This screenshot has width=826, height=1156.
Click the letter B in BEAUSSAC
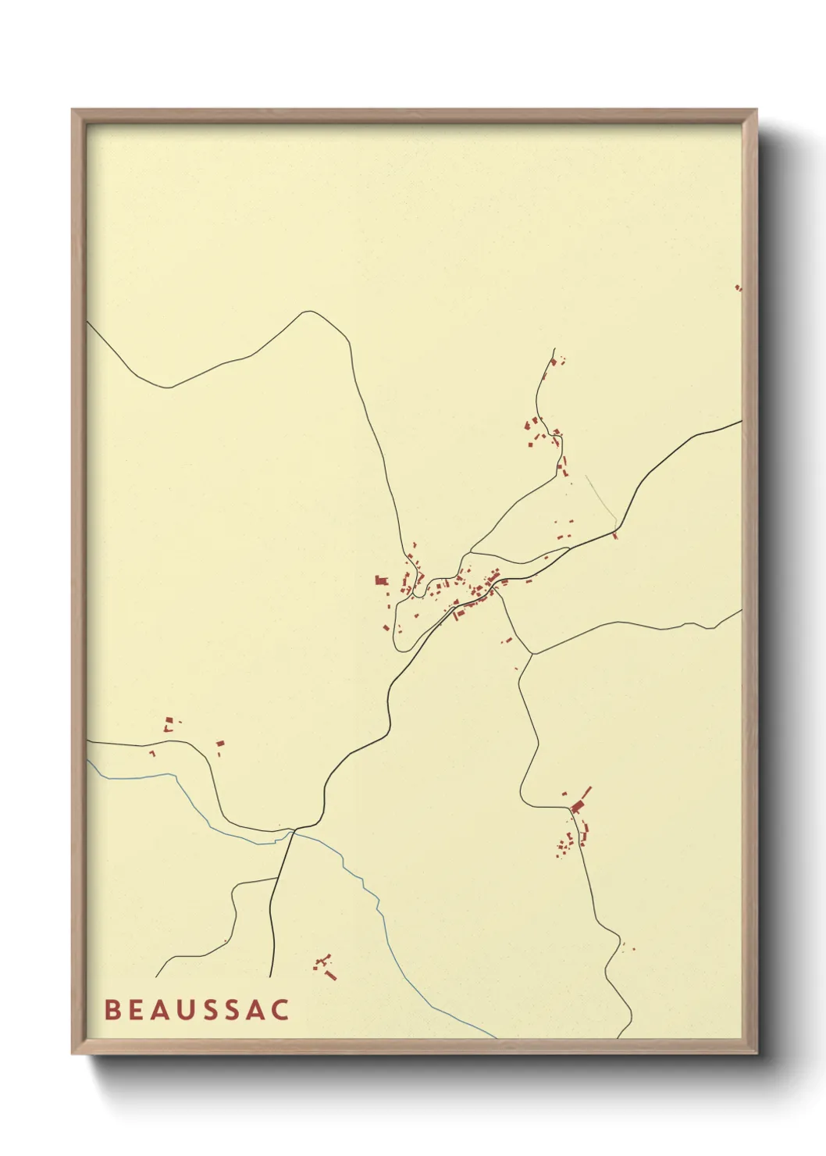(112, 1009)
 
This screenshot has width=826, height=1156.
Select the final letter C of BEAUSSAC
(280, 1009)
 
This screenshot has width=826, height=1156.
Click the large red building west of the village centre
(381, 580)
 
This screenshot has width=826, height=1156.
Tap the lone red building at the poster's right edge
(738, 288)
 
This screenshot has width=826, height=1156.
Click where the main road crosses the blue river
(293, 832)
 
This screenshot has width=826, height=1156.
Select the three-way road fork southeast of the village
(532, 654)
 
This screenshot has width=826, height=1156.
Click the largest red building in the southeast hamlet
(578, 806)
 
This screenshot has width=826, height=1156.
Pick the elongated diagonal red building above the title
(330, 975)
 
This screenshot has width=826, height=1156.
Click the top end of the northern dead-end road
(554, 349)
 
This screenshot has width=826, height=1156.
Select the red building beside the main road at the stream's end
(615, 535)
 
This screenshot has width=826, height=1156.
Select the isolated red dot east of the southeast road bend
(632, 949)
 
